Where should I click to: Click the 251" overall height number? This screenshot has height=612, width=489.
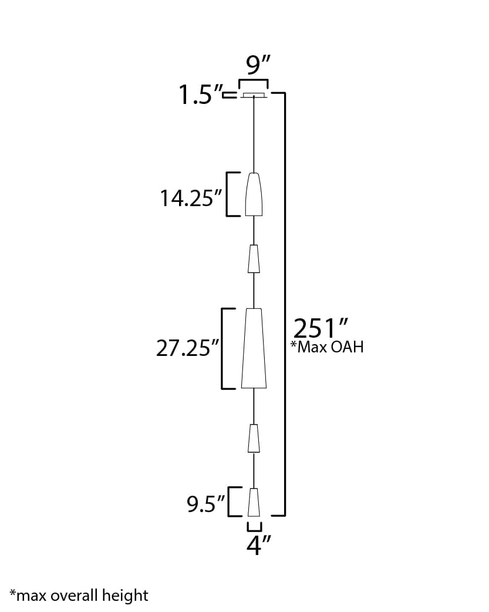[321, 328]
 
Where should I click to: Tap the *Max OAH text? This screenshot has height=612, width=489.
[327, 347]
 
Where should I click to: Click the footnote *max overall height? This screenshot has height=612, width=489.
[79, 596]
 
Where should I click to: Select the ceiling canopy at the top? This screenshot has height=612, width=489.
[254, 95]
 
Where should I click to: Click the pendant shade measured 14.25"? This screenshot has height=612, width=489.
[254, 194]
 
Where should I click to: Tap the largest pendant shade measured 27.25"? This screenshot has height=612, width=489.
[254, 348]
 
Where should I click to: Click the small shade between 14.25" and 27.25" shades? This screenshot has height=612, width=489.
[254, 258]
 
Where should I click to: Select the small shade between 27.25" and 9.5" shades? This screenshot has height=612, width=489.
[254, 438]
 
